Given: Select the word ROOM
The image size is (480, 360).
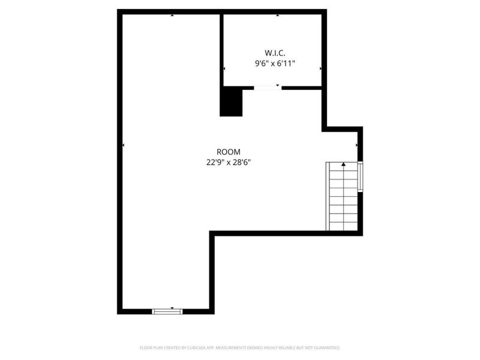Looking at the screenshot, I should pos(229,152).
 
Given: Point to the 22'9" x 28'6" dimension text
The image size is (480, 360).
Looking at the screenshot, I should pos(229,163).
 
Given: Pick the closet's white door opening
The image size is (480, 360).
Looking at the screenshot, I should pos(267,88).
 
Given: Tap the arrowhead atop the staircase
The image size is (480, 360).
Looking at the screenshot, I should pos(344,164).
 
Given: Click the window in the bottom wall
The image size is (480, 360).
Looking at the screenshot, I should pos(167,311).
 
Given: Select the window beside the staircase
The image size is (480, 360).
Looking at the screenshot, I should pos(360,176).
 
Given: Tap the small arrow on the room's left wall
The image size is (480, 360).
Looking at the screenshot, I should pos(124,145).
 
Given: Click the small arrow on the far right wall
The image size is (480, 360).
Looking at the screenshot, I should pos(358,145).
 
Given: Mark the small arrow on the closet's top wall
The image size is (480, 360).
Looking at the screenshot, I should pos(277,15).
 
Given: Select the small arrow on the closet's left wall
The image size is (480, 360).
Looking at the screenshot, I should pos(224,69).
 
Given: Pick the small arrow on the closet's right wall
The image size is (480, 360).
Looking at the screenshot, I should pos(321,69).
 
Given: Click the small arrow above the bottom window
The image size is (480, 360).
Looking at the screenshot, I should pos(172,307).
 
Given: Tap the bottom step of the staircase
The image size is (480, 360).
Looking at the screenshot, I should pos(344,226).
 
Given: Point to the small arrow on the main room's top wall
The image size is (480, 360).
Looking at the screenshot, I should pos(172,15).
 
